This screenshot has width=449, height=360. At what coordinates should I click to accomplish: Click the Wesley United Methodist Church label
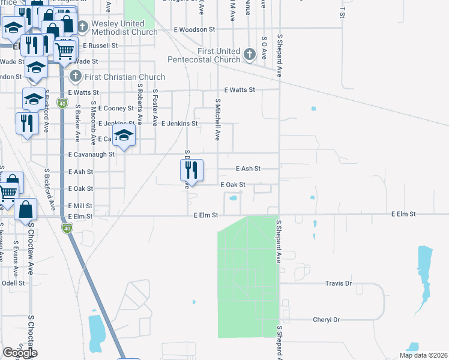[x=124, y=28]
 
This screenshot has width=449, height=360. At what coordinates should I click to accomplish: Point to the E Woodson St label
[x=194, y=29]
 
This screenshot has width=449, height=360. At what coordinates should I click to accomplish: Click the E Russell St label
[x=101, y=45]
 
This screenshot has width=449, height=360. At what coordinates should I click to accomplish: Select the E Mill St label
[x=80, y=205]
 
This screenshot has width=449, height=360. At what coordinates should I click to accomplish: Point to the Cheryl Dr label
[x=327, y=320]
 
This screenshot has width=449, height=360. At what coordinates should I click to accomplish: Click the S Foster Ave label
[x=155, y=107]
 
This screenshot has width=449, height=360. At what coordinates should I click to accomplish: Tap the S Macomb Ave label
[x=93, y=124]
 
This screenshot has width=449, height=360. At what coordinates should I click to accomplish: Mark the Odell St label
[x=13, y=283]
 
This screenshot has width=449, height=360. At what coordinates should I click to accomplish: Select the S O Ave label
[x=264, y=47]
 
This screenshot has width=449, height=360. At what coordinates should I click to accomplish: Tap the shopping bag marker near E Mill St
[x=26, y=210]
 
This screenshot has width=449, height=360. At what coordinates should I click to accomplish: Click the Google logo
[x=20, y=353]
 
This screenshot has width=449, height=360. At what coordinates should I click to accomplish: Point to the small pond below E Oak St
[x=233, y=198]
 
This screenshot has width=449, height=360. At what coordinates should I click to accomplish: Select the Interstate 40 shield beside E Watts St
[x=62, y=103]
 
